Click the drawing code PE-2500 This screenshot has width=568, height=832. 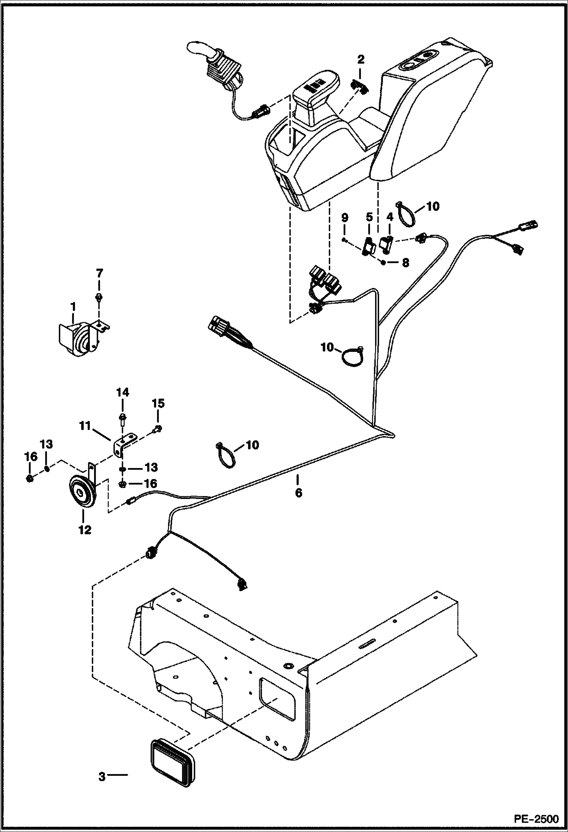point(536,818)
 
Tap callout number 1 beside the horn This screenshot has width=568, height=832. point(72,306)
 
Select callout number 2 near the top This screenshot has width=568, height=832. point(361,59)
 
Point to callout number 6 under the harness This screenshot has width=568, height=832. point(298,493)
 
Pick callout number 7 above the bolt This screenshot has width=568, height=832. point(99,273)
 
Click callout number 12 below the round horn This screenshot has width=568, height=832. point(85,529)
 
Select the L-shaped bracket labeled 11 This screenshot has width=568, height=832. point(122,444)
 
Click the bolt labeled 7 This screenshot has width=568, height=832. point(99,297)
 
